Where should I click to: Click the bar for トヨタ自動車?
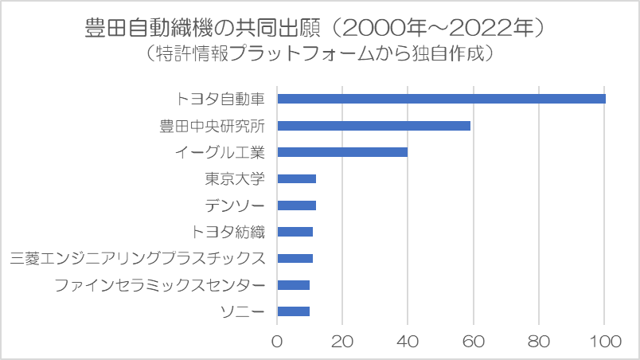coord(441,99)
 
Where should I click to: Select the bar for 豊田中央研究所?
coord(373,126)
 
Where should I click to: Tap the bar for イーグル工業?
coord(342,152)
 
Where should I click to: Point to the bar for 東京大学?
coord(296,178)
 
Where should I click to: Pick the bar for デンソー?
coord(296,205)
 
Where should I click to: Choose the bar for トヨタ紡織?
coord(295,232)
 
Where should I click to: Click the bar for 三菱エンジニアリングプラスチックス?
coord(295,258)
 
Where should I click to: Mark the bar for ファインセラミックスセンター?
coord(293,284)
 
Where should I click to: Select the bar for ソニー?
coord(293,311)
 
